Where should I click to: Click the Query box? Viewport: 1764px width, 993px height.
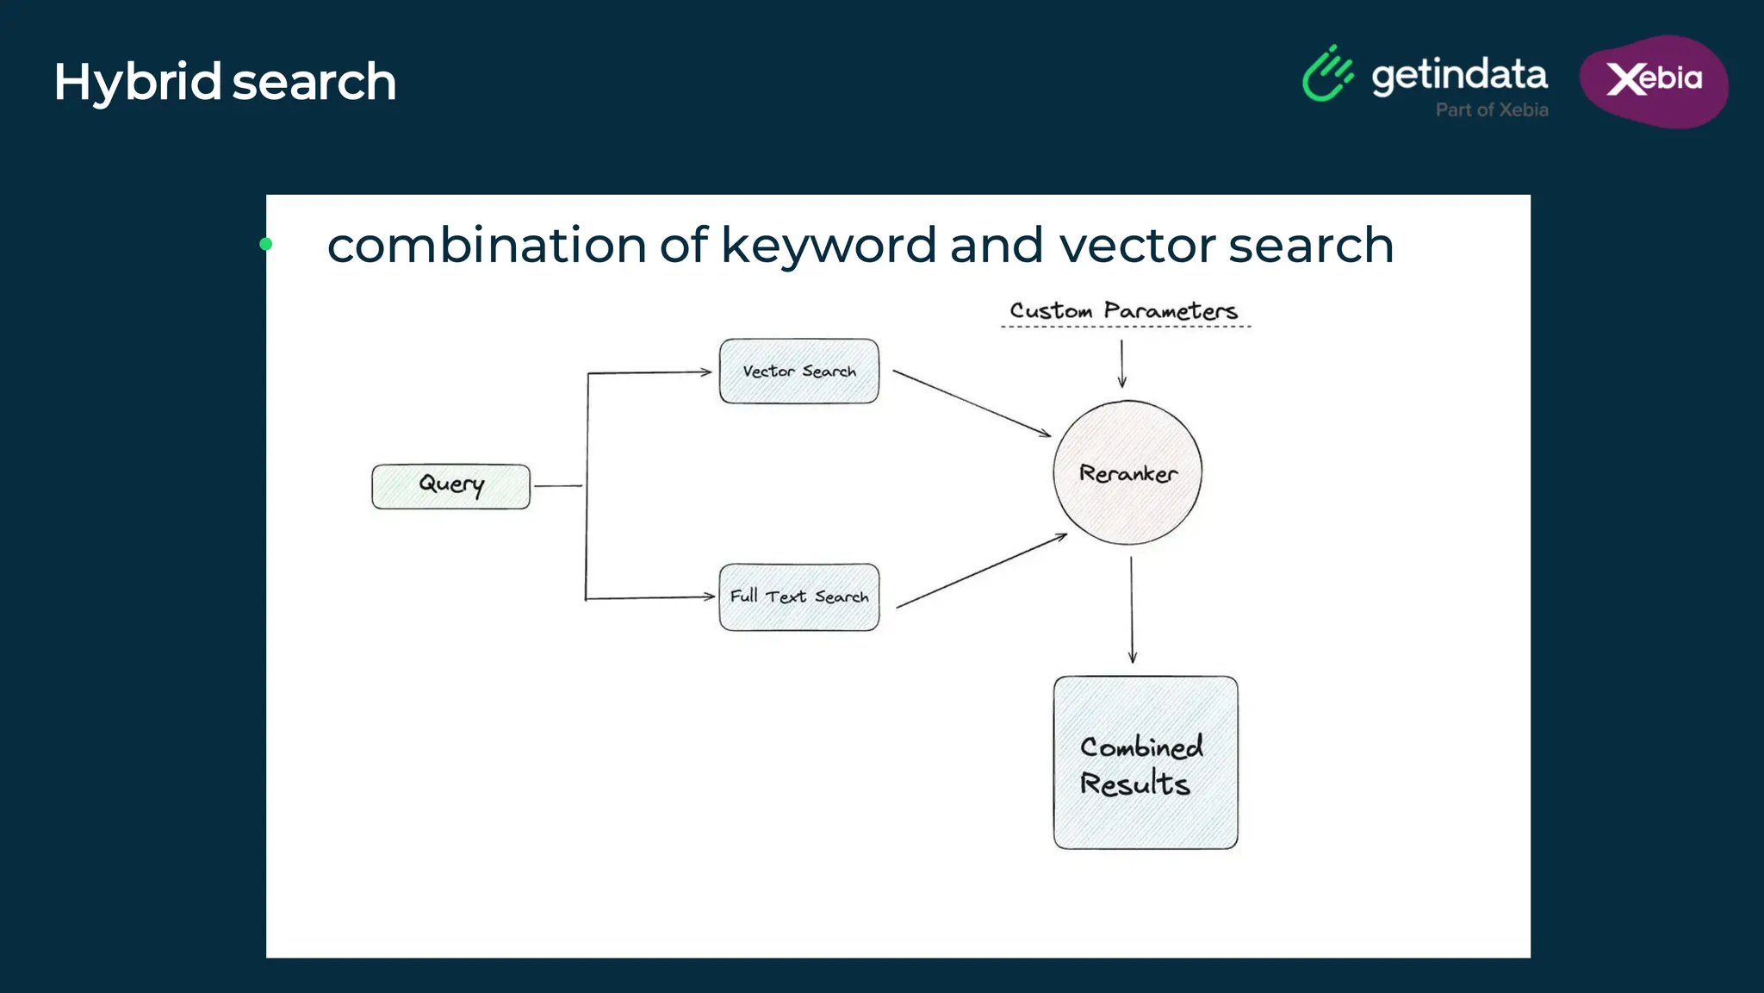pyautogui.click(x=450, y=486)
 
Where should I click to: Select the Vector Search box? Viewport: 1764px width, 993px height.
pyautogui.click(x=799, y=372)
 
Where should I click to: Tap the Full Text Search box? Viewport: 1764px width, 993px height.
pyautogui.click(x=799, y=597)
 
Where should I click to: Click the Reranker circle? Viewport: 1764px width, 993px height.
pyautogui.click(x=1127, y=472)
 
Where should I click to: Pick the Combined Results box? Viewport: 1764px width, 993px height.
pyautogui.click(x=1146, y=763)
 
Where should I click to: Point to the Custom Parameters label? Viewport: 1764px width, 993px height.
pyautogui.click(x=1124, y=311)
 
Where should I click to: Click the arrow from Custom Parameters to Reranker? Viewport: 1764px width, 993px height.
pyautogui.click(x=1121, y=363)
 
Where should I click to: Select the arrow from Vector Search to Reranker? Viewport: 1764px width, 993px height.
pyautogui.click(x=971, y=403)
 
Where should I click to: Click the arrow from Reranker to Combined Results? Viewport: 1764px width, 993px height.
pyautogui.click(x=1132, y=609)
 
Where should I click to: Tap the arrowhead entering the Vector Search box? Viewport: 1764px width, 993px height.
pyautogui.click(x=706, y=372)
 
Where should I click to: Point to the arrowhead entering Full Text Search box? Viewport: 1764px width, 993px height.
pyautogui.click(x=709, y=596)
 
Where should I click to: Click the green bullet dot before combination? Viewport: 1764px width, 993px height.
pyautogui.click(x=266, y=245)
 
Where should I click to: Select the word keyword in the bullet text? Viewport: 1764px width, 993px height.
pyautogui.click(x=828, y=246)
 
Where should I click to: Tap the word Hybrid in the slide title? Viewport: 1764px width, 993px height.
pyautogui.click(x=138, y=83)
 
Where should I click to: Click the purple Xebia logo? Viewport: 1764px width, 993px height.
pyautogui.click(x=1654, y=81)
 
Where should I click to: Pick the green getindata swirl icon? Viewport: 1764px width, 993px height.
pyautogui.click(x=1327, y=74)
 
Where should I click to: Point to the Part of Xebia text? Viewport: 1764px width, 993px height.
pyautogui.click(x=1492, y=110)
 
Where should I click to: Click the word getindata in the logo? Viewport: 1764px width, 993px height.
pyautogui.click(x=1459, y=76)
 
